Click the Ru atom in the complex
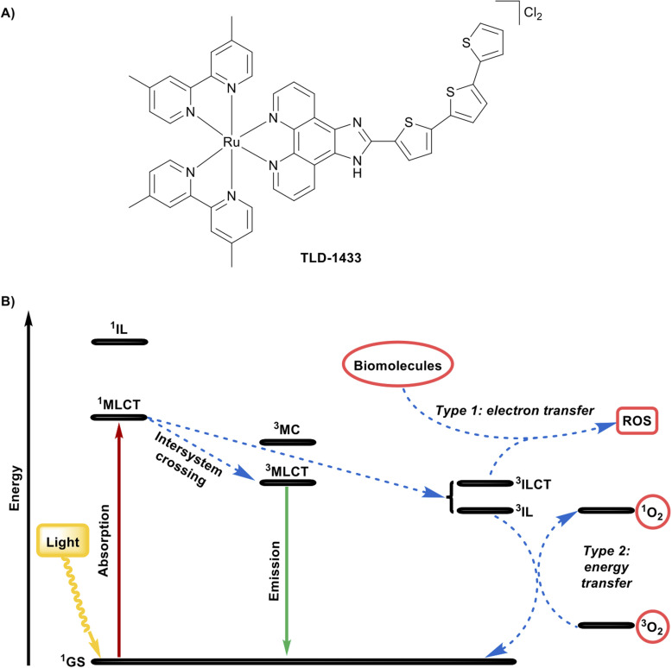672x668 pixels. (231, 142)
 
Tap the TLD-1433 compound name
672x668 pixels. (331, 258)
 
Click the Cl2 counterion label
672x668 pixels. (533, 13)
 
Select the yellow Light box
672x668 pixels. (63, 542)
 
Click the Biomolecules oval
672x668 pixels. (397, 365)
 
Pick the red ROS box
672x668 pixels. (637, 420)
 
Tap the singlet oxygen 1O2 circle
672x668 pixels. (652, 512)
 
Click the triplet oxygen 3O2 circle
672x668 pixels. (652, 626)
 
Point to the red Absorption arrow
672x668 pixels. (119, 541)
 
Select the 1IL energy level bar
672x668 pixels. (119, 342)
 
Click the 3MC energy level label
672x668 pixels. (287, 429)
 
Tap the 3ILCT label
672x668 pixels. (533, 484)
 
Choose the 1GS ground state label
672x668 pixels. (73, 661)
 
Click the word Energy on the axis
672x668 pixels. (16, 488)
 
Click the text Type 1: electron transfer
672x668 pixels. (515, 411)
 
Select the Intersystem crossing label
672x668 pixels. (187, 459)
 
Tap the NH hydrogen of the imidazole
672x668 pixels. (357, 173)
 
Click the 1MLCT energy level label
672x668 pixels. (118, 404)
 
